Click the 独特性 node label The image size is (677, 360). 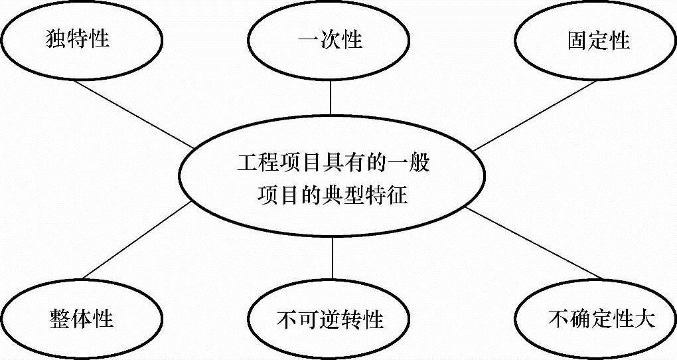coord(78,40)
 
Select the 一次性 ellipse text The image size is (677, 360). coord(330,40)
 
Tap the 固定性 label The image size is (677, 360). coord(598,41)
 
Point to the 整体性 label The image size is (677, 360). coord(81,318)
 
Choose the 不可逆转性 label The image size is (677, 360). coord(330,319)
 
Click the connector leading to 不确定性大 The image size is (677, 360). coord(531,243)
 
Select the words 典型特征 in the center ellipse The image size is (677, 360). coord(372,197)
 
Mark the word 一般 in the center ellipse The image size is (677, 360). coord(411,162)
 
